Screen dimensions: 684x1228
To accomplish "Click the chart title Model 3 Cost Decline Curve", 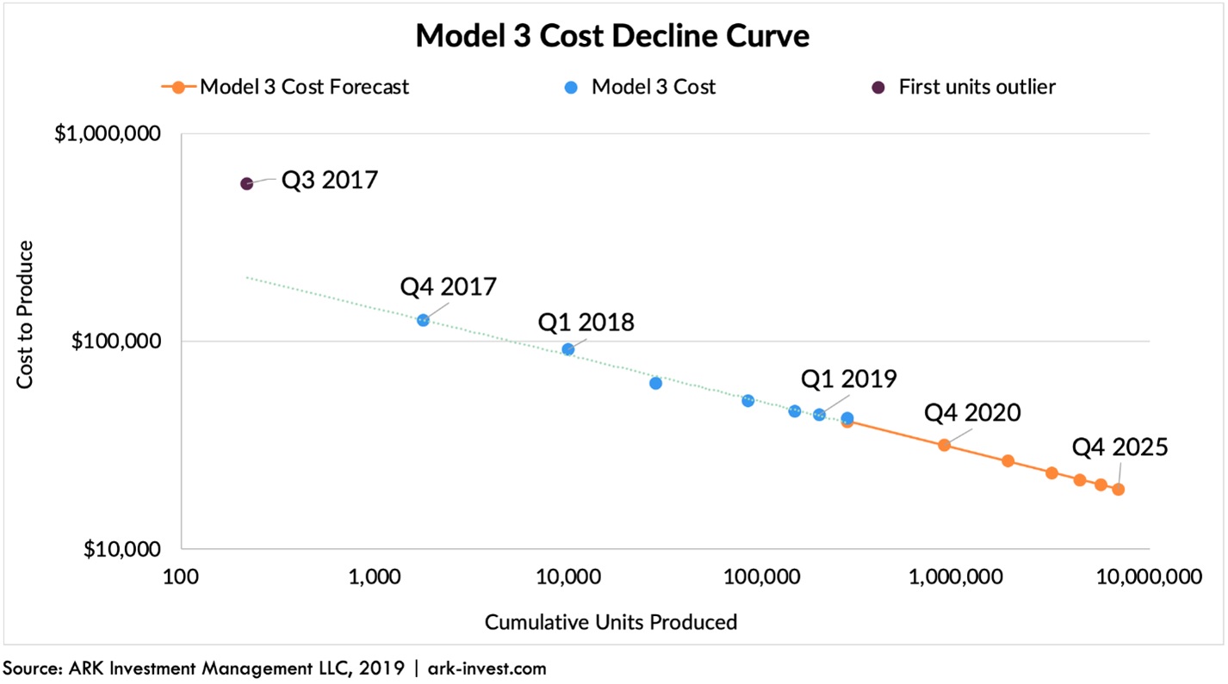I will coord(612,36).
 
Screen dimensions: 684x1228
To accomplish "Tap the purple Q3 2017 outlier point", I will coord(247,183).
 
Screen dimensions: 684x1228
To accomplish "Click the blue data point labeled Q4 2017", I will coord(423,320).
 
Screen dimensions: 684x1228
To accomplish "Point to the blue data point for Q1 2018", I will coord(568,349).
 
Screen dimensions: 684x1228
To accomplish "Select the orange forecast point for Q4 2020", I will coord(944,445).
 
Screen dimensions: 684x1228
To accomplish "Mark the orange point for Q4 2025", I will coord(1118,490).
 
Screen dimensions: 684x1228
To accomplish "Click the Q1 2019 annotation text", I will coord(848,379).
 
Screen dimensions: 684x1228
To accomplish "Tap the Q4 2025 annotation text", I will coord(1119,447).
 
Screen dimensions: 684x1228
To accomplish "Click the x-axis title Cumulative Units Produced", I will coord(611,621).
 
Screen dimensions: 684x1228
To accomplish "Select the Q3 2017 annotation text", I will coord(330,181).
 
